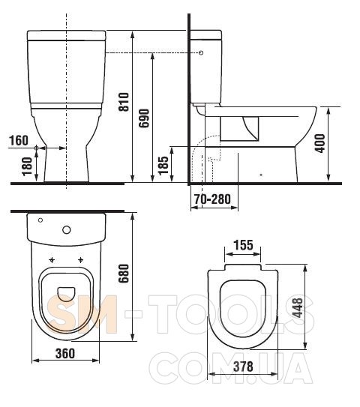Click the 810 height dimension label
(124, 102)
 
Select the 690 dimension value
(144, 118)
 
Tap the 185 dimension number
(163, 166)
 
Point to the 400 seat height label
(319, 143)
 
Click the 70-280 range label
(212, 199)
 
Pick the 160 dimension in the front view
(19, 141)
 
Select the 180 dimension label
(27, 166)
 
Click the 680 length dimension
(124, 274)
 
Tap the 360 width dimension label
(65, 353)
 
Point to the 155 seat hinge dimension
(244, 245)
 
